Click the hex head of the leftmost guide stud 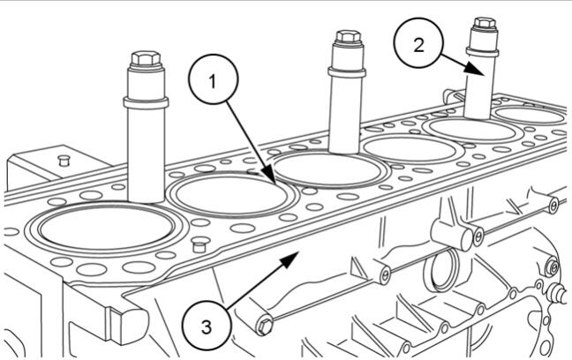146,58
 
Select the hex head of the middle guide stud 349,36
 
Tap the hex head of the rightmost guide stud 484,22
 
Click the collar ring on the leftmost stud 146,102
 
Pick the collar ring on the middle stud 347,71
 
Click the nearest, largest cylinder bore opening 107,228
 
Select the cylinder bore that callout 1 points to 232,194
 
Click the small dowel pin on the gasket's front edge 199,244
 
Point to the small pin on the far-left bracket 64,160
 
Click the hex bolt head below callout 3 265,326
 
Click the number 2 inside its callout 418,45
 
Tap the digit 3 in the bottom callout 207,326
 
